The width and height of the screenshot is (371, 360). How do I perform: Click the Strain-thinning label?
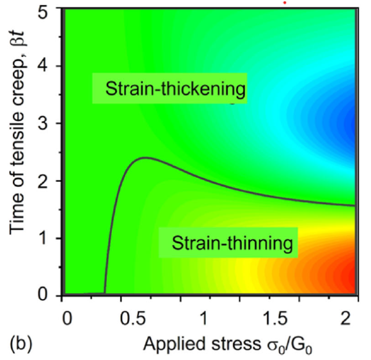[x=231, y=243]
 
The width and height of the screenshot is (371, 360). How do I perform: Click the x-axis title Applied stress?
[x=228, y=343]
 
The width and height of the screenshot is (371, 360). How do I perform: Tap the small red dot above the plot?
[x=284, y=2]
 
